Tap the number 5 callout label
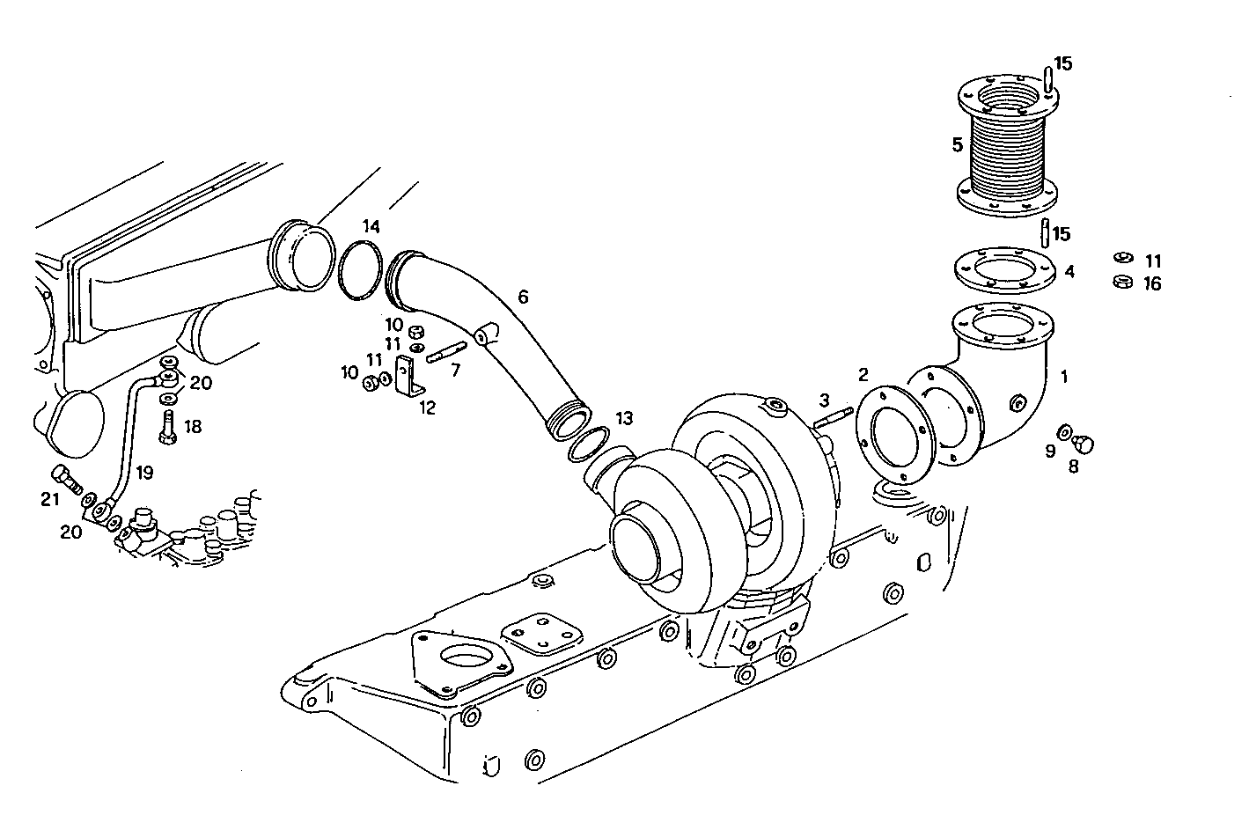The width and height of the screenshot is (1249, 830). click(957, 145)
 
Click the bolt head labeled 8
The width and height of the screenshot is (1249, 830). click(1084, 443)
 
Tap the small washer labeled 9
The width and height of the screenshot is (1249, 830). click(1064, 431)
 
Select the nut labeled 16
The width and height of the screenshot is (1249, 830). click(1121, 283)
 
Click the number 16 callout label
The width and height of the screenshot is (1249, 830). click(1152, 283)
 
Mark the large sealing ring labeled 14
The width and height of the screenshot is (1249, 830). click(359, 271)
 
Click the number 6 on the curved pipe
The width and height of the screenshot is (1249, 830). click(523, 297)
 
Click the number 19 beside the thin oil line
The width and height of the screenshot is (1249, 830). click(144, 473)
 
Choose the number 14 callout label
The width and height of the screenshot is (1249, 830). click(371, 227)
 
